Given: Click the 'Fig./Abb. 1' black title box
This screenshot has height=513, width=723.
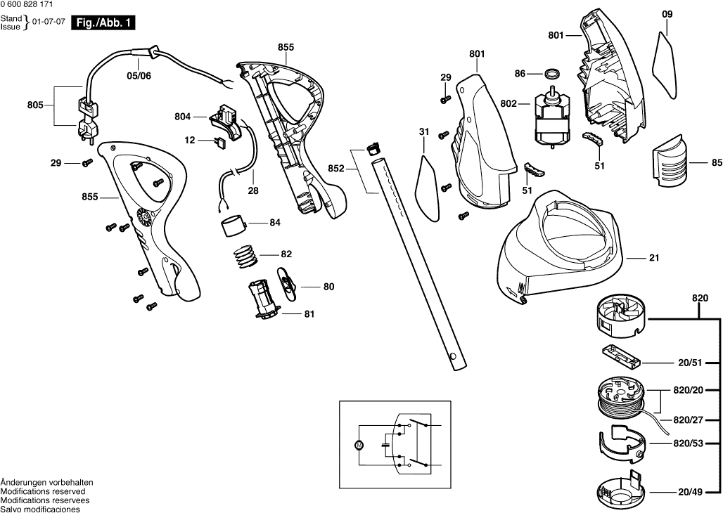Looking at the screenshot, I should [105, 23].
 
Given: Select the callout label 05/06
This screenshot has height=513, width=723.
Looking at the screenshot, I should [139, 75].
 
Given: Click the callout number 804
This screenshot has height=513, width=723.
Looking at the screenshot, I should [183, 116].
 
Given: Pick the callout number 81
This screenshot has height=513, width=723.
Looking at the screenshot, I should [309, 314].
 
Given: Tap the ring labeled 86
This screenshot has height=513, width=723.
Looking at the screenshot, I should [555, 73].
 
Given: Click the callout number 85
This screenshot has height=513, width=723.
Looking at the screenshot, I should [717, 163].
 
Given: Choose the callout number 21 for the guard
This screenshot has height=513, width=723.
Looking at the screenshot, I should [654, 259].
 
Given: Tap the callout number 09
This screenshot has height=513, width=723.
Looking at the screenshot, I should [667, 13].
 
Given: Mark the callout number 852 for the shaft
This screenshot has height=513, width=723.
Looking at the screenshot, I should [336, 169].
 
